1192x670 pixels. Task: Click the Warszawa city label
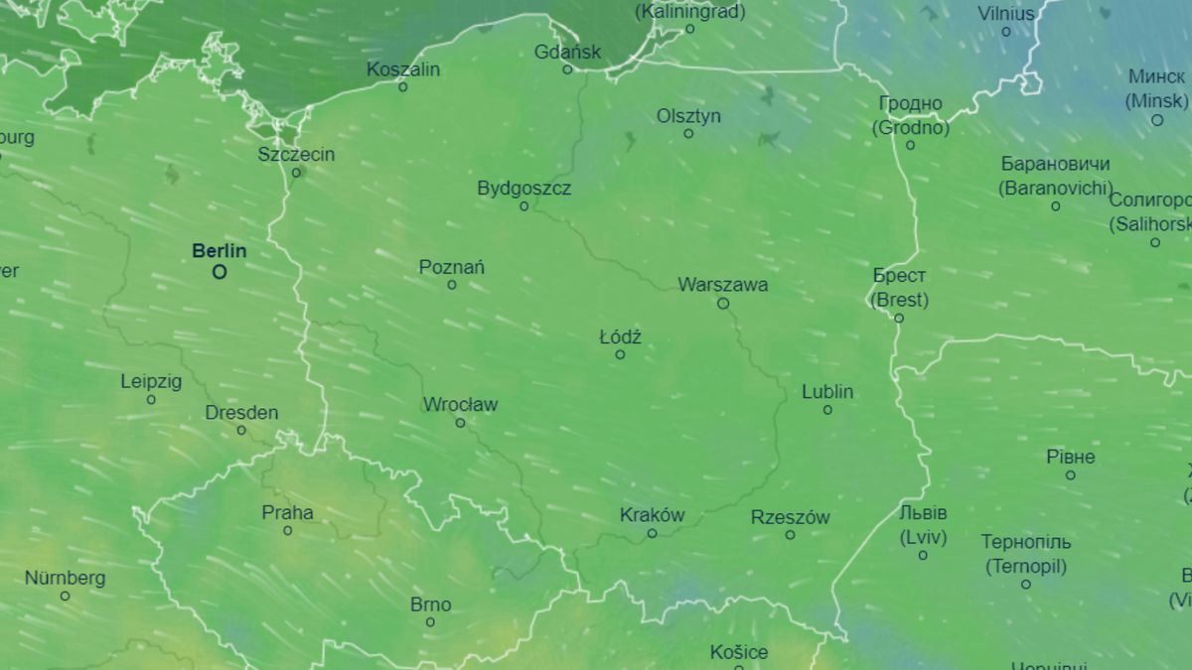(x=723, y=285)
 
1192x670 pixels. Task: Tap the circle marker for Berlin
(x=220, y=271)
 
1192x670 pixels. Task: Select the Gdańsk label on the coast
(x=567, y=52)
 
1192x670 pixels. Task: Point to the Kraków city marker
(x=653, y=533)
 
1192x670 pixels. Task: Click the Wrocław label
(x=460, y=404)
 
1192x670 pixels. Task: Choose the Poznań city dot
(x=452, y=285)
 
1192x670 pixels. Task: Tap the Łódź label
(x=620, y=336)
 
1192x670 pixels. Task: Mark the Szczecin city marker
(x=296, y=173)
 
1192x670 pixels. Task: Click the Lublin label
(x=827, y=392)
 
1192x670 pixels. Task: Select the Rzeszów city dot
(x=791, y=535)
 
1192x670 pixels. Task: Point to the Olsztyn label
(x=688, y=116)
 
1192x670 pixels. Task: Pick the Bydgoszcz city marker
(x=524, y=206)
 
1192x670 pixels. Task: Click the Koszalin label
(x=402, y=69)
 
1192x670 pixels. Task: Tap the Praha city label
(x=287, y=512)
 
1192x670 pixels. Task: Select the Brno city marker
(x=430, y=622)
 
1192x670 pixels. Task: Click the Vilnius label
(x=1005, y=14)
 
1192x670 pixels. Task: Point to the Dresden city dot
(x=241, y=431)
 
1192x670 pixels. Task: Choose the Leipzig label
(x=151, y=381)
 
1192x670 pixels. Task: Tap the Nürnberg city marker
(x=66, y=596)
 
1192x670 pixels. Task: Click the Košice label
(x=739, y=652)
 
